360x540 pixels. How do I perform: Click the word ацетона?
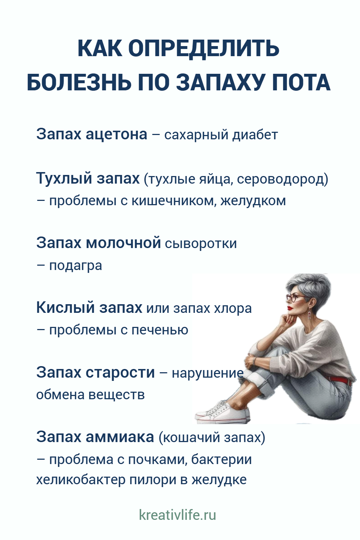click(117, 134)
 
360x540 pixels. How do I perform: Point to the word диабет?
click(255, 135)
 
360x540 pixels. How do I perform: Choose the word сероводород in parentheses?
click(280, 179)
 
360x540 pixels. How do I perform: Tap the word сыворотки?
click(201, 243)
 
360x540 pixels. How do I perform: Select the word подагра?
click(76, 266)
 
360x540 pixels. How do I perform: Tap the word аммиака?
click(120, 437)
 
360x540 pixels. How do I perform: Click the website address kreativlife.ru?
click(177, 515)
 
